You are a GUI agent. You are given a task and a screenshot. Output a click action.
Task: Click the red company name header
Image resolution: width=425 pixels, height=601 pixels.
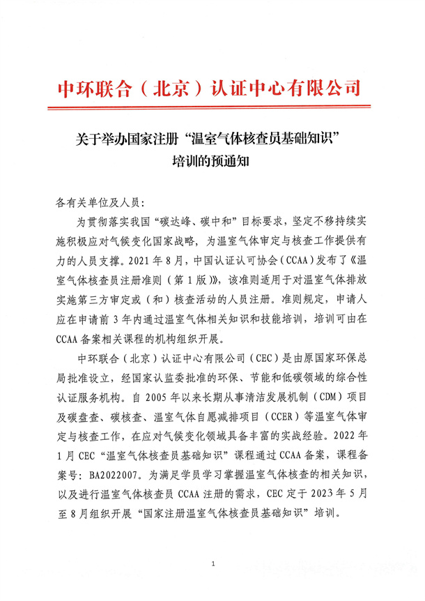click(x=209, y=89)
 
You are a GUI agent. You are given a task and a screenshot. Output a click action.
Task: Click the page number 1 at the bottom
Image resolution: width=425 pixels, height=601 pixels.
click(x=212, y=562)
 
